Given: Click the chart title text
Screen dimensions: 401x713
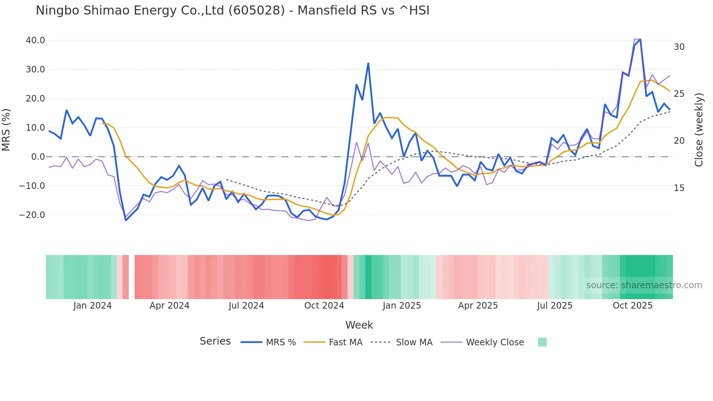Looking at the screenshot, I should click(232, 11).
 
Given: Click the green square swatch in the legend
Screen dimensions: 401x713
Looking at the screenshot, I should click(542, 342).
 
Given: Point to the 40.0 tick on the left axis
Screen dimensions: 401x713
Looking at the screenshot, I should click(35, 40).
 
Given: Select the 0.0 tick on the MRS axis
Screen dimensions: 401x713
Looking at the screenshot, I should click(38, 157).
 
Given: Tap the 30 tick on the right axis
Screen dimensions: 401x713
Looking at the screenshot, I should click(679, 47).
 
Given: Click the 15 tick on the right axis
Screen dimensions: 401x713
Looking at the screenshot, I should click(679, 188).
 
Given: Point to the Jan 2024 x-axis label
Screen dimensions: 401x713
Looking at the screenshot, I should click(92, 306).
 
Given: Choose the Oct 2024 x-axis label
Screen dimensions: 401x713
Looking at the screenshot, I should click(324, 306).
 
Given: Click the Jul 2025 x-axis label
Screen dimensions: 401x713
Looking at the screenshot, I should click(555, 306).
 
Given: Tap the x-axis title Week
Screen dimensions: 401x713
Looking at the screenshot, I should click(359, 325).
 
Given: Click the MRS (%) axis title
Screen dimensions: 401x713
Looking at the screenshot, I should click(6, 130).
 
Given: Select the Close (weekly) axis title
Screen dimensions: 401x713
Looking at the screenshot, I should click(699, 130).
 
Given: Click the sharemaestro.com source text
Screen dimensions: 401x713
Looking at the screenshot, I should click(644, 285).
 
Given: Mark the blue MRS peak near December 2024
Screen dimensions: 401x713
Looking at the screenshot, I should click(368, 63).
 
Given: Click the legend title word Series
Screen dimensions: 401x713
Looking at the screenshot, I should click(215, 341).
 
